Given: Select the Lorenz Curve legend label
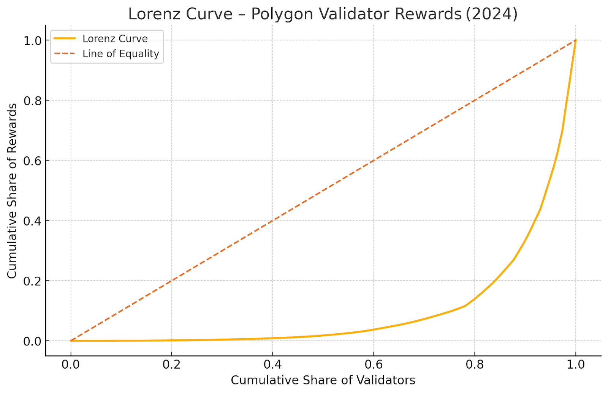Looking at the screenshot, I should tap(115, 39).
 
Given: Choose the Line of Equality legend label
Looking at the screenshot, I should tap(120, 54).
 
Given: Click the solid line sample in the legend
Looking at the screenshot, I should tap(65, 39).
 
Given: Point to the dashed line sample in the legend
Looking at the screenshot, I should tap(65, 54).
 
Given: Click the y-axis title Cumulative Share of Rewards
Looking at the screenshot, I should tap(12, 191).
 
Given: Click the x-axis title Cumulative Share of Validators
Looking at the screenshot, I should tap(323, 380).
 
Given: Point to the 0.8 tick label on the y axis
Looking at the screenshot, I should tap(33, 101).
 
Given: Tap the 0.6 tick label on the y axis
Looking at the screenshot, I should tap(33, 161).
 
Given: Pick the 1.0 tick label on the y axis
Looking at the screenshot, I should tap(33, 41).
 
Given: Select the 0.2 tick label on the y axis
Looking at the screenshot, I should tap(33, 281).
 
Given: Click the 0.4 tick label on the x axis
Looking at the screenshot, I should tap(272, 365).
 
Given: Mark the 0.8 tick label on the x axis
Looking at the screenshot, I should tap(475, 365).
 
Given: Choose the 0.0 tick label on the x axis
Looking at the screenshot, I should tap(71, 365).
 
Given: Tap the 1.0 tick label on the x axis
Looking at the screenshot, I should tap(576, 365).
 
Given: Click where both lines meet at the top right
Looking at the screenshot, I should tap(576, 40).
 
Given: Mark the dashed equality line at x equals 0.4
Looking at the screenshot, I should tap(272, 221).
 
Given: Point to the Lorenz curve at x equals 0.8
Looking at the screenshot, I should tap(475, 298).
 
